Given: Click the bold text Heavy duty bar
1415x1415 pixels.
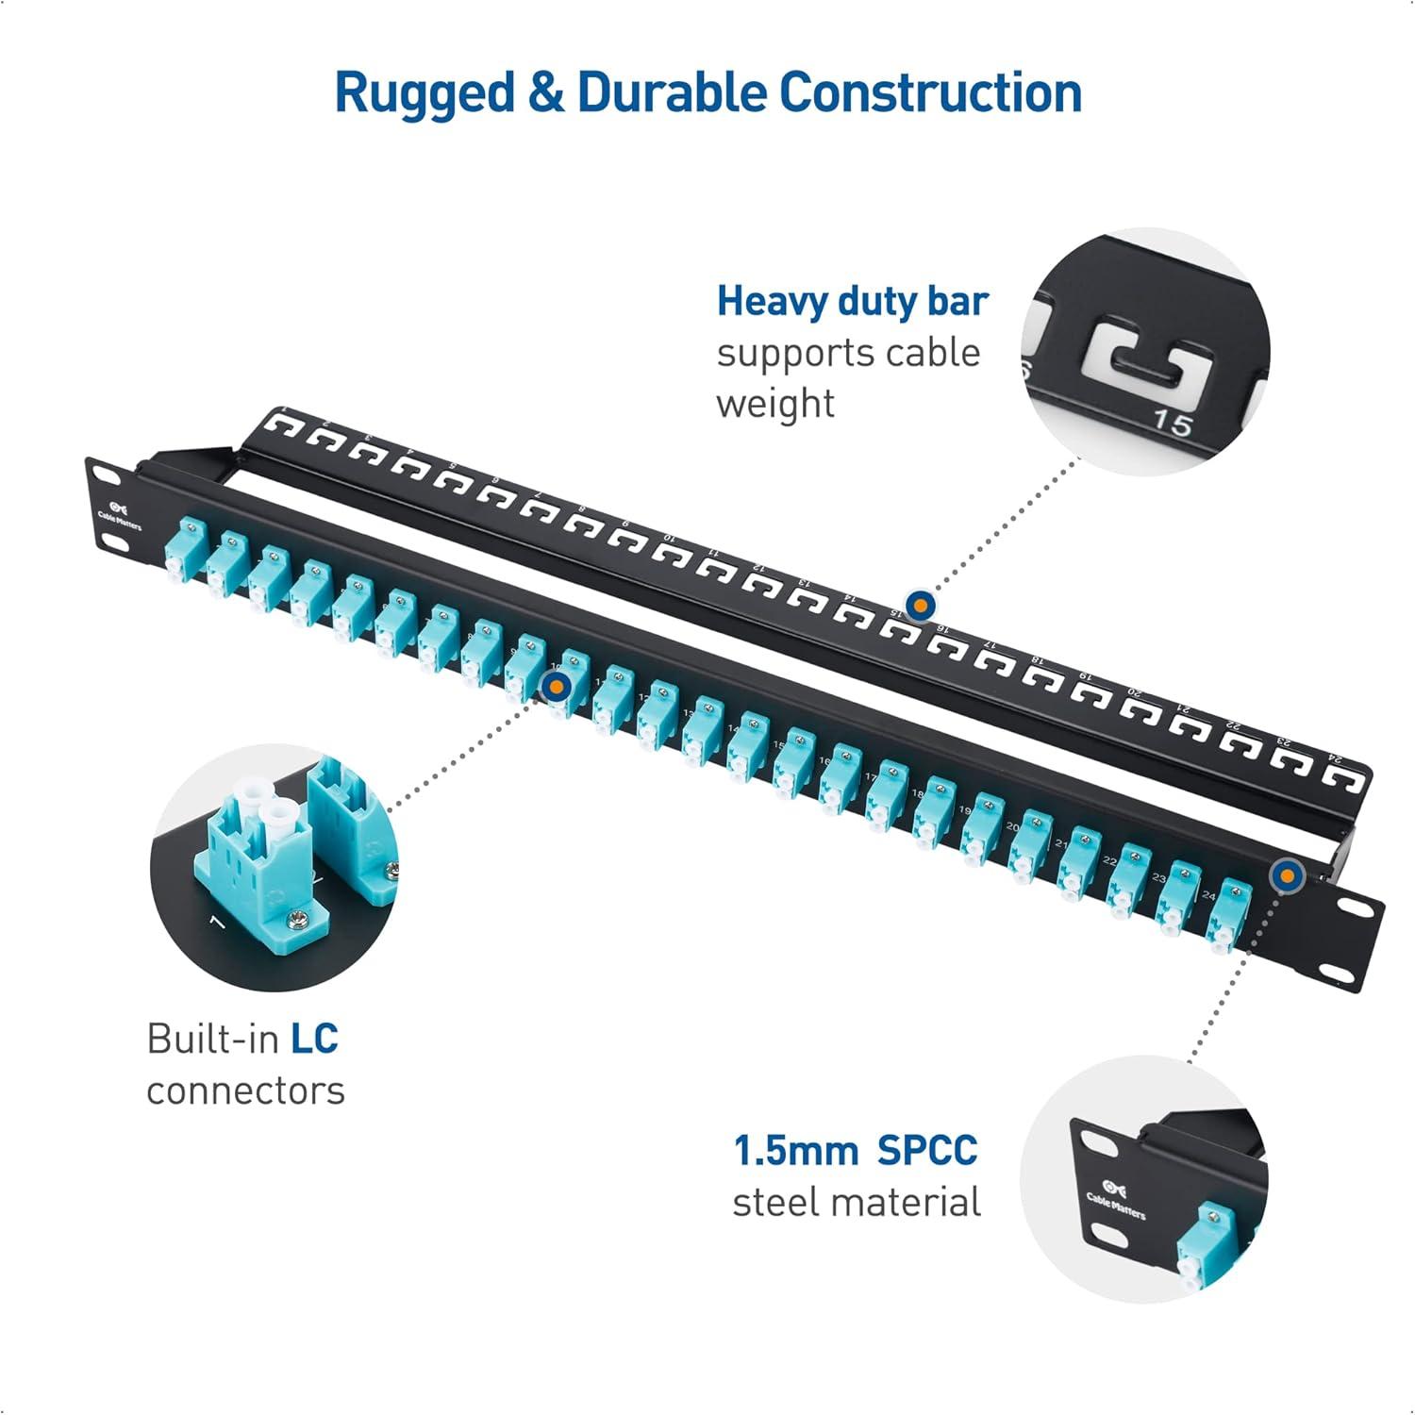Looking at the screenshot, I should point(852,302).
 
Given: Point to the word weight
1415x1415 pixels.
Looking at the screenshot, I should point(775,404).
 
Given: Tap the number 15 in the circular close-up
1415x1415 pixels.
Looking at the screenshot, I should point(1173,424).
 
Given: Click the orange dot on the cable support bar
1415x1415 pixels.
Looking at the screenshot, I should point(920,604).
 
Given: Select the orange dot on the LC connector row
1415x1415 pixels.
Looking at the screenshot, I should point(557,685).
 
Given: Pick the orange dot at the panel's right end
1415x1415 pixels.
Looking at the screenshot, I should point(1285,876).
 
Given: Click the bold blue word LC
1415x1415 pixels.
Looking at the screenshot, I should point(313,1039).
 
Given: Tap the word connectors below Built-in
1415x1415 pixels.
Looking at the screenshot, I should point(245,1091).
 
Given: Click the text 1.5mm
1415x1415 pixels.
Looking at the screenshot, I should point(795,1151).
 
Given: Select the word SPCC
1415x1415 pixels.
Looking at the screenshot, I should point(926,1151).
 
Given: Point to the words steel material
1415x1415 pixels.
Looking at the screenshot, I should point(856,1203).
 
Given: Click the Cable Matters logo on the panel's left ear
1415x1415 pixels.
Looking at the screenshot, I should point(119,513).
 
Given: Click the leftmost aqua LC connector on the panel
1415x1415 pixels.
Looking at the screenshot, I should point(181,553).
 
